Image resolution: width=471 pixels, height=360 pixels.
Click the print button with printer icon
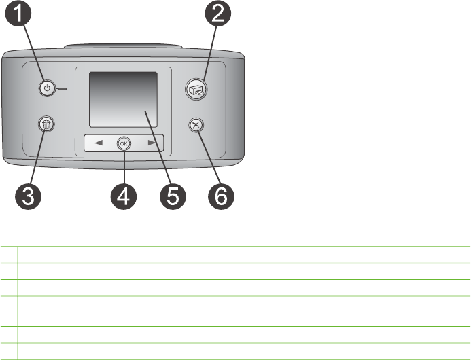click(196, 88)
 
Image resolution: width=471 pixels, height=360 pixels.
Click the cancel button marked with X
click(197, 126)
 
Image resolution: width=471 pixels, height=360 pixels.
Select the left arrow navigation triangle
click(99, 143)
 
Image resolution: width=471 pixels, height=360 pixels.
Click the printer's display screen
click(123, 99)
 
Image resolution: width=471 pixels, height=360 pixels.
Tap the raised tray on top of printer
click(122, 47)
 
